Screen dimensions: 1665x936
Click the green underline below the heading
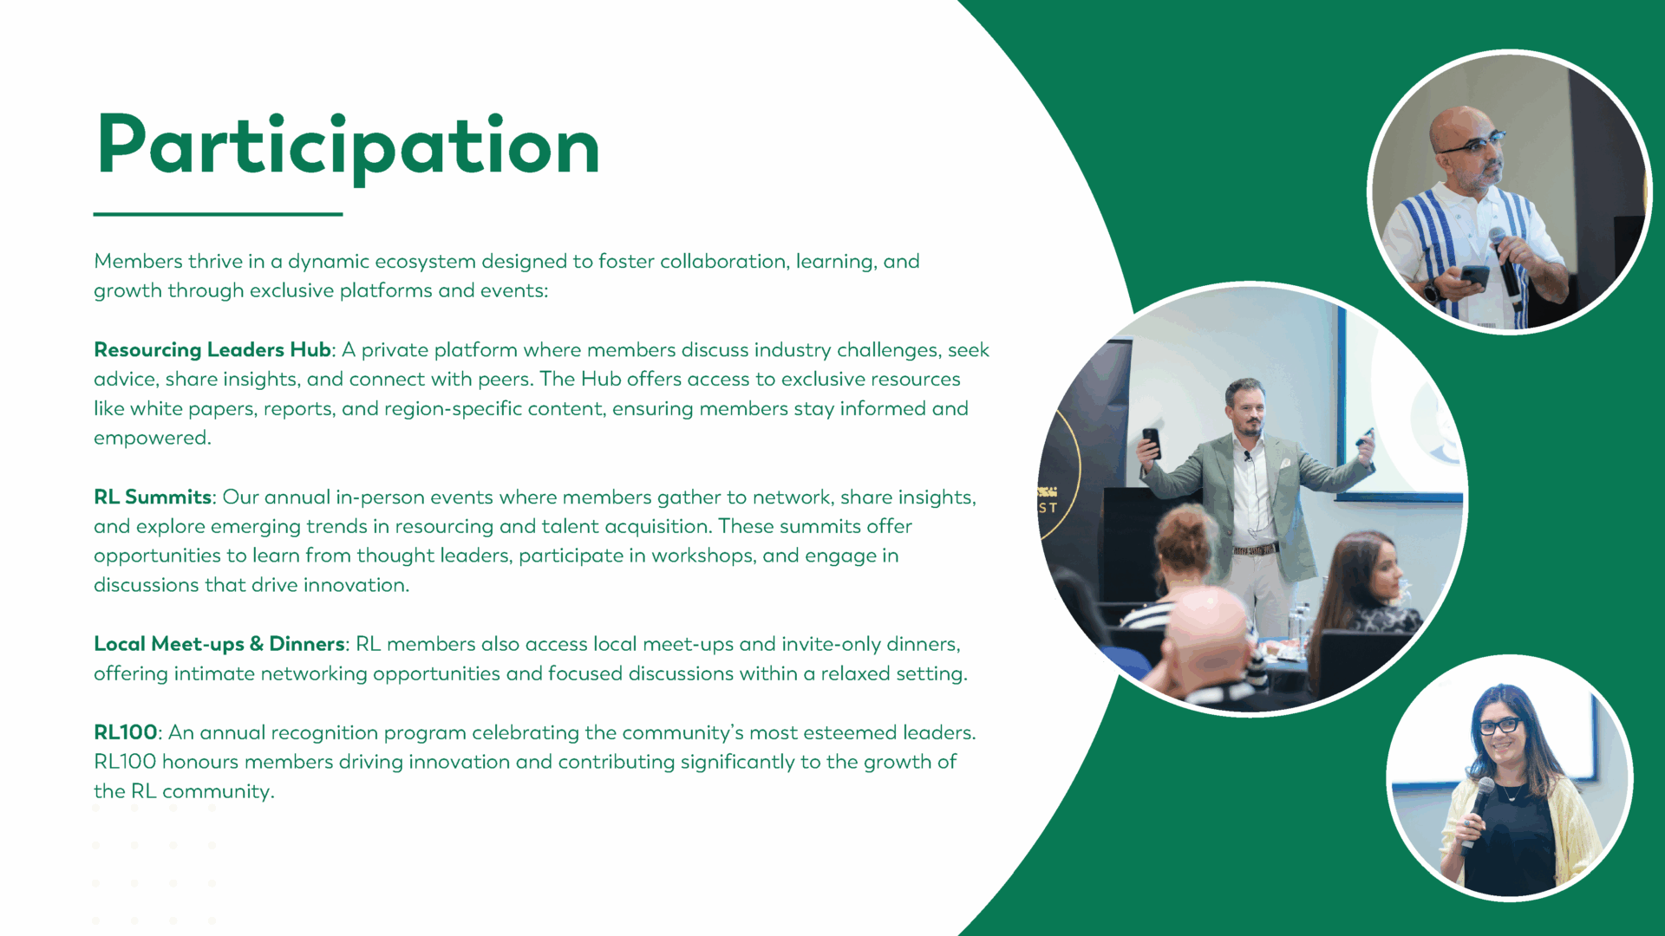pos(218,214)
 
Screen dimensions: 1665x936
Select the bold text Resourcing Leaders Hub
pos(212,350)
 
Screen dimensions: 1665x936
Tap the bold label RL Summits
pos(153,497)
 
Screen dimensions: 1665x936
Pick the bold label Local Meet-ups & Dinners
pos(219,644)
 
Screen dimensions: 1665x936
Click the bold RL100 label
pos(126,732)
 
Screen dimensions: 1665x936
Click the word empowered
pos(152,439)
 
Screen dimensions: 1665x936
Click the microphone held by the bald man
pos(1506,264)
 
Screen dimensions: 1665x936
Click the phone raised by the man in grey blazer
pos(1152,442)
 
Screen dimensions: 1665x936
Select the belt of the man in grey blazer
pos(1256,549)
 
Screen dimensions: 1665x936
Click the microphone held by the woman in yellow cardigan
pos(1475,813)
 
